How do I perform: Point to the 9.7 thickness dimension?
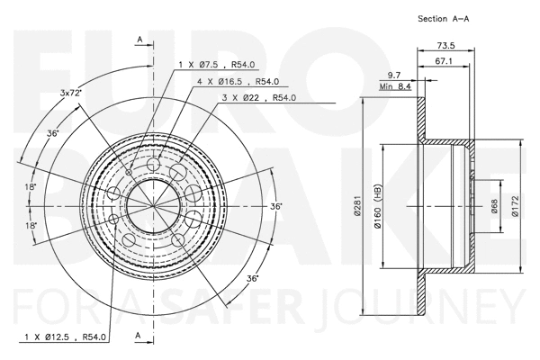click(x=394, y=75)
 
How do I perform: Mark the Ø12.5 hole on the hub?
click(x=112, y=219)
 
